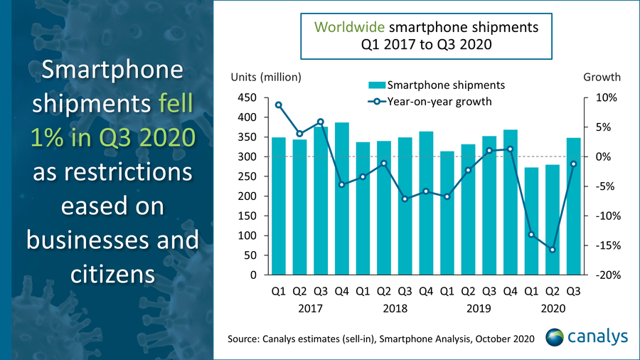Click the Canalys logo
[587, 337]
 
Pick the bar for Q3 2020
[573, 206]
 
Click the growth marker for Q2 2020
[552, 250]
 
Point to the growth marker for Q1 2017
[279, 105]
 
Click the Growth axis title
[602, 77]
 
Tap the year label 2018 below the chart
[395, 309]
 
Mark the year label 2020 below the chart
[552, 309]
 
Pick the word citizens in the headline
[112, 272]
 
